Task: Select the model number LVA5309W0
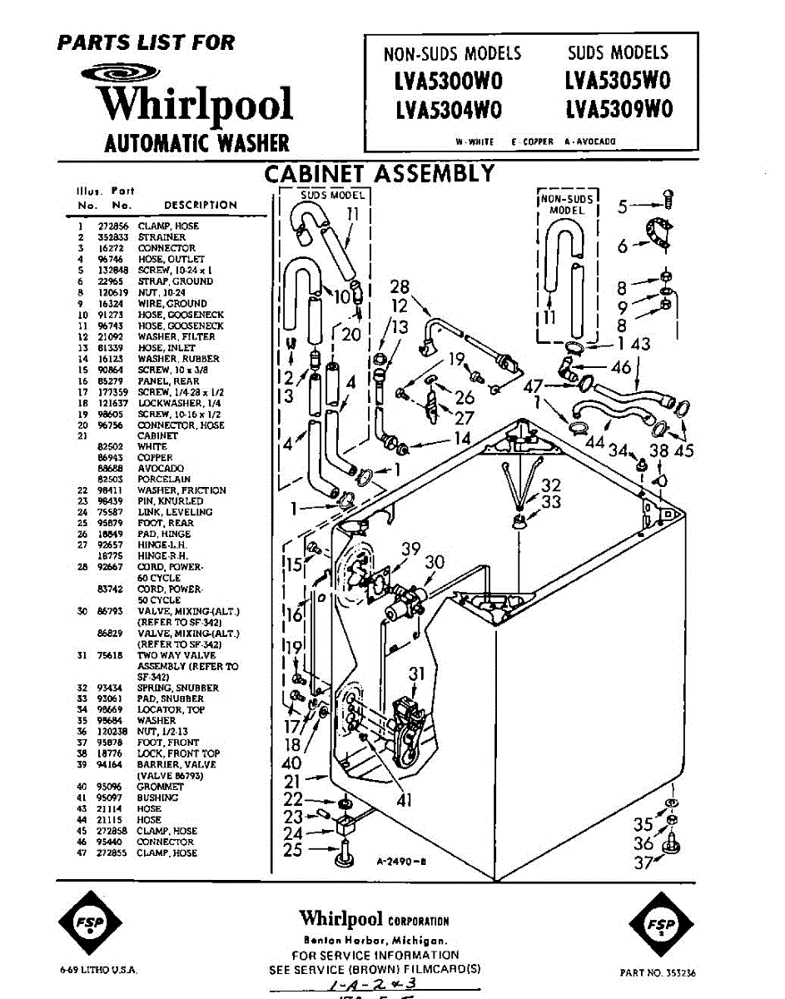[618, 110]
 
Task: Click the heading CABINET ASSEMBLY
[379, 174]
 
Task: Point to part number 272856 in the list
[113, 226]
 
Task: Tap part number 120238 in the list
[113, 732]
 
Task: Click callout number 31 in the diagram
[417, 674]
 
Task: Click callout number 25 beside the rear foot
[292, 850]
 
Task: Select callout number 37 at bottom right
[643, 863]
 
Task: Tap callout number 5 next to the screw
[624, 206]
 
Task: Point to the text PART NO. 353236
[658, 972]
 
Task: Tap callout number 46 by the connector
[621, 367]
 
